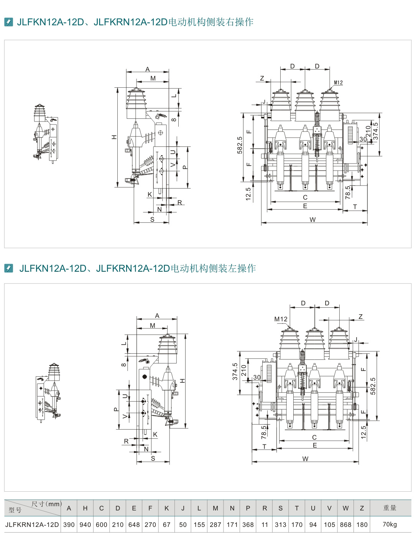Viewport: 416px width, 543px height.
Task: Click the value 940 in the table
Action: point(85,525)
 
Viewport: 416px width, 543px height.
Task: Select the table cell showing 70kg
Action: point(390,524)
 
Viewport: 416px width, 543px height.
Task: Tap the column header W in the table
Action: point(345,508)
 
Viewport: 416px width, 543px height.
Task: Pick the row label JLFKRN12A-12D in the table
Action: point(32,525)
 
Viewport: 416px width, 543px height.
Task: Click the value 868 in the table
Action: point(345,525)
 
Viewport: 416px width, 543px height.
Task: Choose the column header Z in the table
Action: point(362,508)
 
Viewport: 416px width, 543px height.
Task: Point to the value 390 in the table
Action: point(69,525)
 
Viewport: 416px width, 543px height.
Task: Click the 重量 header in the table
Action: point(390,508)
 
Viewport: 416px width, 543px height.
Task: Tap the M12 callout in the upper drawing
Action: point(338,82)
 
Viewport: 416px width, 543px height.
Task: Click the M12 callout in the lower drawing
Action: point(281,319)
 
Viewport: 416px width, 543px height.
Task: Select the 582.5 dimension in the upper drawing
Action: point(240,145)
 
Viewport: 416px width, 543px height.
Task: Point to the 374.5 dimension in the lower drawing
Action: point(235,372)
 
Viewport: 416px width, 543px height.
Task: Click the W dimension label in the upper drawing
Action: point(312,220)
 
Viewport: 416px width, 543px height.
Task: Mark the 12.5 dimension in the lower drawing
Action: point(363,432)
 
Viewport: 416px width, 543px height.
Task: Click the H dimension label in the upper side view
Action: point(114,137)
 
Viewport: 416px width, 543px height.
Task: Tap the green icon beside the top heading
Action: point(8,22)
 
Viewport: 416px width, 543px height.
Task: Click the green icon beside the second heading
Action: point(8,268)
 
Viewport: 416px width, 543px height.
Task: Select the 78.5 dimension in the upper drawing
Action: point(348,192)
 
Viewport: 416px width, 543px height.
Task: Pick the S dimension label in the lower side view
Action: point(153,458)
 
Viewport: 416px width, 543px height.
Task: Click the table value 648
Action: point(134,525)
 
